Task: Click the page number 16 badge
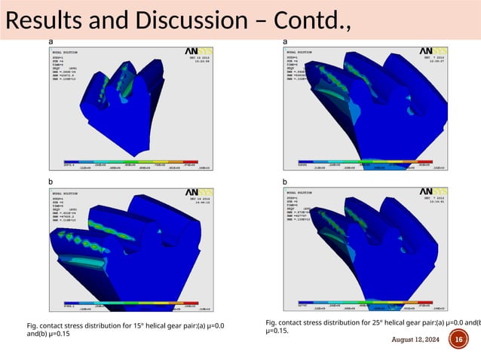point(458,340)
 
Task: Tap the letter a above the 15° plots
point(51,40)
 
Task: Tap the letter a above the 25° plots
point(285,40)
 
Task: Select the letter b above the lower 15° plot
point(51,182)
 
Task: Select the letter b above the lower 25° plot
point(285,182)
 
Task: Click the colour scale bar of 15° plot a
point(124,163)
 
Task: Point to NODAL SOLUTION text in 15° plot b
point(66,194)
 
